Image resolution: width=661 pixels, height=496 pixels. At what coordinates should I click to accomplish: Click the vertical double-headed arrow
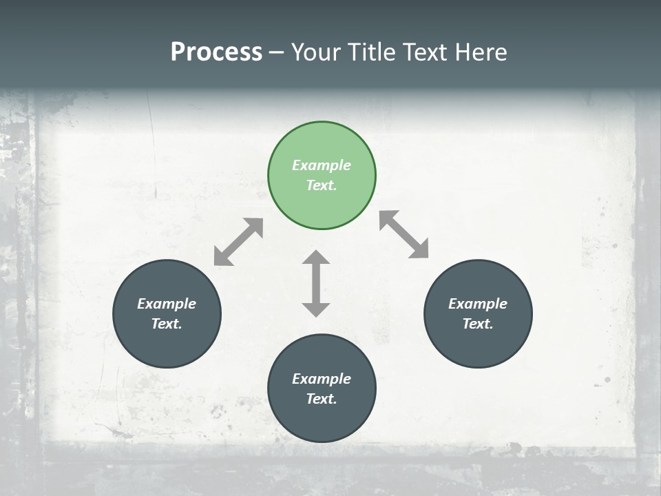tap(316, 283)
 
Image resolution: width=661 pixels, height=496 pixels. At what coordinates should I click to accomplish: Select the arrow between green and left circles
tap(238, 242)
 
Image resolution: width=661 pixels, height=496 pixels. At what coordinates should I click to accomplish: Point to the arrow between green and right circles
tap(404, 234)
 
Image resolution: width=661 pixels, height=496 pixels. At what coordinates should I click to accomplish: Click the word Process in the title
tap(216, 52)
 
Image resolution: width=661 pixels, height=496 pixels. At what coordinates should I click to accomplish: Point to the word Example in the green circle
tap(322, 165)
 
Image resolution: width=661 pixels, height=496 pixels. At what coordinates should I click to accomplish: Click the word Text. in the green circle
tap(322, 185)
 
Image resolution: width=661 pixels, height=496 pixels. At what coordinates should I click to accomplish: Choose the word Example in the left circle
tap(167, 304)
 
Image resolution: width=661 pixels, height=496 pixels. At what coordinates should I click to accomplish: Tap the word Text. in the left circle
tap(167, 324)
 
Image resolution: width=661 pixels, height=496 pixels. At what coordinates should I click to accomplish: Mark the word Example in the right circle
tap(478, 304)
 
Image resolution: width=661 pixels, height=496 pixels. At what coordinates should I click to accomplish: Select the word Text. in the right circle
tap(478, 324)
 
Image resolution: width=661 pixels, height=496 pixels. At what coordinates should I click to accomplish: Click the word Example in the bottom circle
tap(322, 379)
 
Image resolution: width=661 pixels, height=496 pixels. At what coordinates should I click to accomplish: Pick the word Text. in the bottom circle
tap(322, 399)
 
